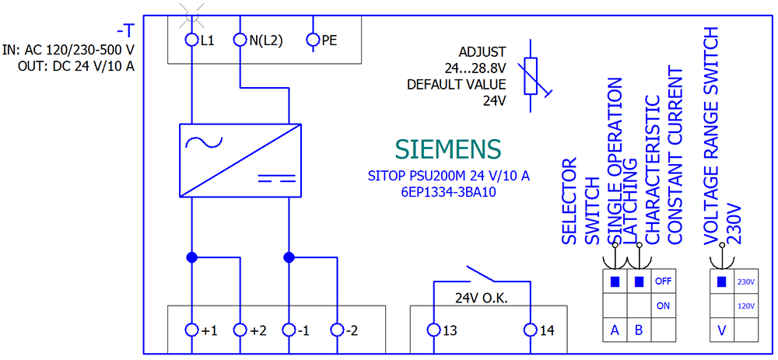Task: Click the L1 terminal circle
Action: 192,38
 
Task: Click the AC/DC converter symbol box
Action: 240,161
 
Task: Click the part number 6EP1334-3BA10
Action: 448,191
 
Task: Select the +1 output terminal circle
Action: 192,330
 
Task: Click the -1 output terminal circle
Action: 289,330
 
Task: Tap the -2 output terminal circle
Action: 337,330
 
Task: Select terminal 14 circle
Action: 531,330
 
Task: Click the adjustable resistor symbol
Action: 531,75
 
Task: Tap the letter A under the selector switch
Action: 615,330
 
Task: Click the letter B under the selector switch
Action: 639,330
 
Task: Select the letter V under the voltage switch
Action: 722,330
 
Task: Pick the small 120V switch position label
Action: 745,306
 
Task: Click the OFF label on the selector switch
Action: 663,281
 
